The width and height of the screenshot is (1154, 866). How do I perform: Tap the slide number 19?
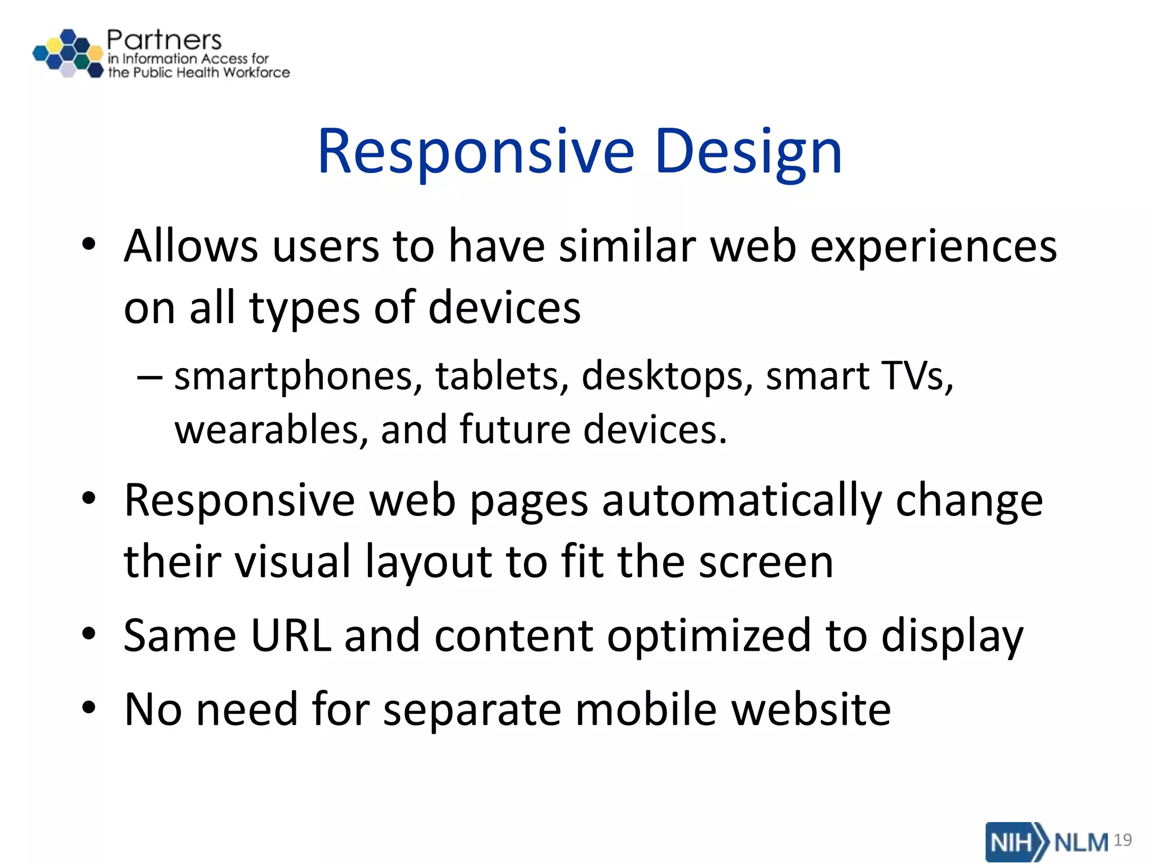1122,840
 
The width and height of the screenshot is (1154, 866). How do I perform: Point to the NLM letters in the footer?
1081,842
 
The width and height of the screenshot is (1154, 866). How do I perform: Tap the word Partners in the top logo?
164,40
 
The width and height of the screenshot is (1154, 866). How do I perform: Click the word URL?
290,636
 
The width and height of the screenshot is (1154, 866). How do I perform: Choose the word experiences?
933,247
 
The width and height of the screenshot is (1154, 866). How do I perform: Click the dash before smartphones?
150,377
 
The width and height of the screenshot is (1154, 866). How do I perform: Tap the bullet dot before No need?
89,708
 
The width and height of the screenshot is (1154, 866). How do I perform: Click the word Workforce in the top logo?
256,73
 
